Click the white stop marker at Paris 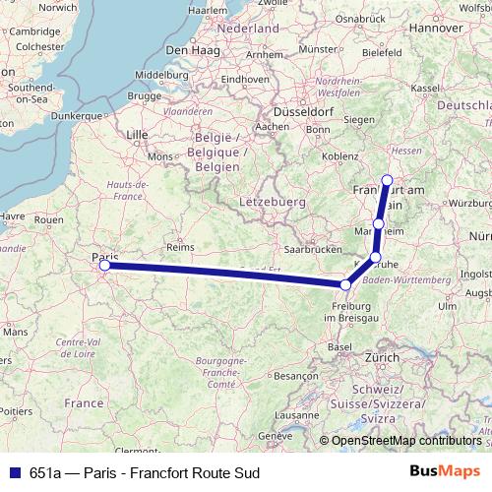[x=104, y=264]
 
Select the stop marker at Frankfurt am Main [x=387, y=180]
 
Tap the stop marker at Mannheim [x=379, y=224]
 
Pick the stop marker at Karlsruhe [x=375, y=257]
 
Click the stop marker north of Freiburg [x=345, y=285]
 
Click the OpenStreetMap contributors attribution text [x=403, y=440]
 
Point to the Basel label [x=339, y=346]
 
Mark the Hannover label [x=436, y=29]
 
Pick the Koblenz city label [x=339, y=154]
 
